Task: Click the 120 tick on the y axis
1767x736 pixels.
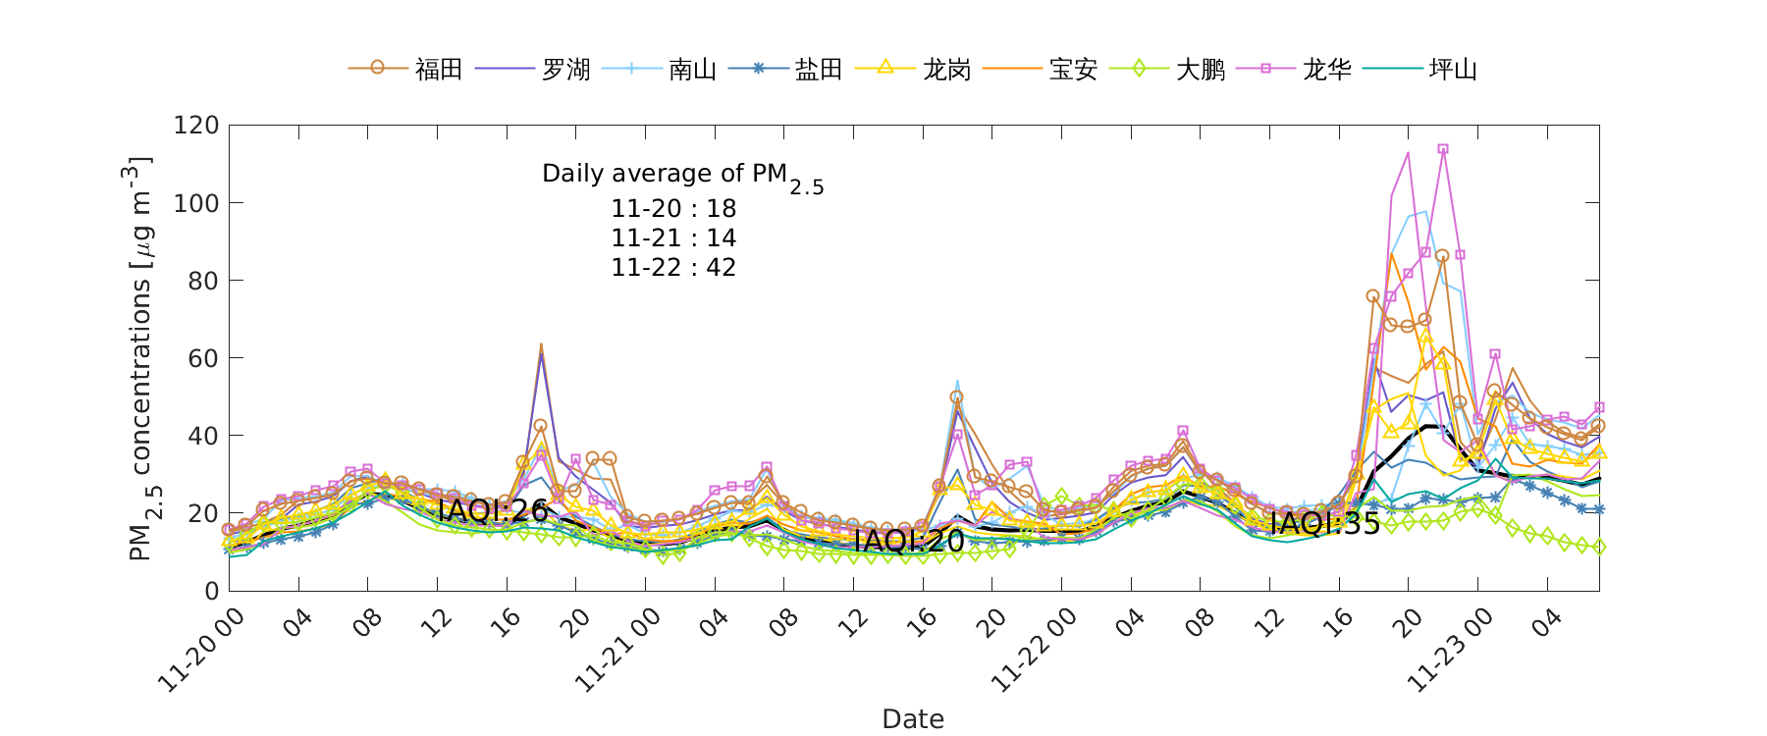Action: (x=196, y=126)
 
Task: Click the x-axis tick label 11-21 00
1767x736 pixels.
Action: (x=618, y=650)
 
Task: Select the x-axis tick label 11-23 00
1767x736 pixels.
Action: (x=1450, y=650)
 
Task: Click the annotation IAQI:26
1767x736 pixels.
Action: (x=492, y=510)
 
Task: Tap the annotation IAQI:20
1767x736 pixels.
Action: (x=909, y=541)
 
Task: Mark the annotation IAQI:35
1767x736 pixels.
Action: (x=1324, y=524)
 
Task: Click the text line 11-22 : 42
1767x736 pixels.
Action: (x=673, y=268)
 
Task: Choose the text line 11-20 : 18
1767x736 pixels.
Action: (x=673, y=209)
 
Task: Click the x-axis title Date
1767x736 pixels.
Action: (x=913, y=719)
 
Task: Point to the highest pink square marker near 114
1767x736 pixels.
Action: (x=1443, y=149)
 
